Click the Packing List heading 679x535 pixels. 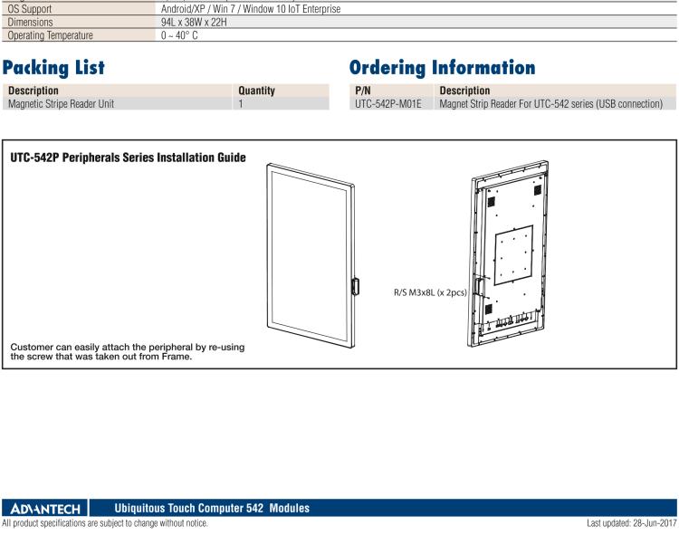53,68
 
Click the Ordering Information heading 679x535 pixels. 442,68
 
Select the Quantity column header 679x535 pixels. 256,91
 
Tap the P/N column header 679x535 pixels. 362,91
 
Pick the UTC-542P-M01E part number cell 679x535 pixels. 388,104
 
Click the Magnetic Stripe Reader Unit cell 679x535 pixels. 61,104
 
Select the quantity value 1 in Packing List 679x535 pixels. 241,104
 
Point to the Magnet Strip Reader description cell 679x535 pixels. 550,104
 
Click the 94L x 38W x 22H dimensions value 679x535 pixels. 194,22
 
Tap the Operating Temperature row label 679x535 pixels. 50,35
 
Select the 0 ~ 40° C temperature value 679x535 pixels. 179,35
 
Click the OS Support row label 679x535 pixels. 30,9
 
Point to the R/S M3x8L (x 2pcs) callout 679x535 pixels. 430,292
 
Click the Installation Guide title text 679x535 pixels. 129,158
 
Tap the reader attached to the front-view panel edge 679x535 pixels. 355,286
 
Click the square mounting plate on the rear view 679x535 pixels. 513,255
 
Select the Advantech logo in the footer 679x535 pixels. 45,508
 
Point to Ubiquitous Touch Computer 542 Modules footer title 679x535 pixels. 212,508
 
